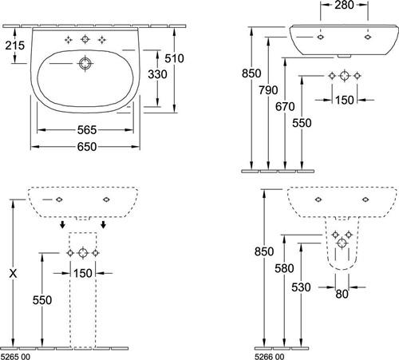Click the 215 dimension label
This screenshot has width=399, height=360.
(x=15, y=45)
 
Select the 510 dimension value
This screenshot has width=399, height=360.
(x=174, y=58)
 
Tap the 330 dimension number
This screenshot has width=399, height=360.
(x=157, y=74)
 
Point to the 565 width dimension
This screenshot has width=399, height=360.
(x=87, y=130)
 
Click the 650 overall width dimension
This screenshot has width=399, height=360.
(x=87, y=147)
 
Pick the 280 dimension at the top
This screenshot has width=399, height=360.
(x=344, y=5)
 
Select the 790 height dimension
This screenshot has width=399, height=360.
(x=268, y=90)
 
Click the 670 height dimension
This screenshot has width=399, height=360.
(x=285, y=107)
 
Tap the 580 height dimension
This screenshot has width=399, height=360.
(x=284, y=268)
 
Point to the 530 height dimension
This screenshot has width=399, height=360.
(x=301, y=287)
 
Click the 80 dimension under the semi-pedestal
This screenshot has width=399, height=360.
(x=342, y=294)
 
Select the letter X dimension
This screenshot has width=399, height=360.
(x=13, y=273)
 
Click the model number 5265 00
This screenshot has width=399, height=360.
(x=16, y=357)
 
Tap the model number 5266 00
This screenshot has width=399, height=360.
(x=270, y=357)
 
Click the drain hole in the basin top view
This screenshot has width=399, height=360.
(x=85, y=64)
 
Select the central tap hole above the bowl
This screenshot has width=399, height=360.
(x=85, y=39)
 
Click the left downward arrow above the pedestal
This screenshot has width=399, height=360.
(x=62, y=224)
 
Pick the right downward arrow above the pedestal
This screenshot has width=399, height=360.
(x=104, y=224)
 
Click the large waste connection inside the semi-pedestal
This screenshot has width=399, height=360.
(x=342, y=243)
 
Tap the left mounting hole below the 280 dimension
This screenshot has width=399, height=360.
(x=321, y=37)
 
